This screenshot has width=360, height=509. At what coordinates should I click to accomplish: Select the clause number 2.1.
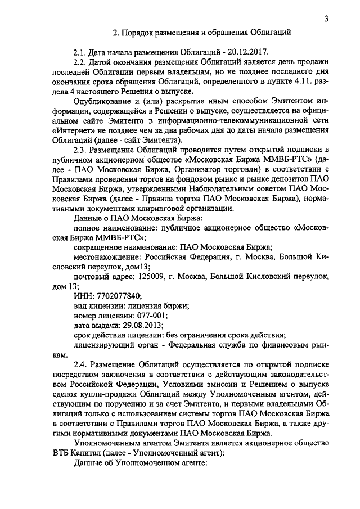[x=81, y=52]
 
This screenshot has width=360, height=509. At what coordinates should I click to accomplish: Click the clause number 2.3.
[x=81, y=150]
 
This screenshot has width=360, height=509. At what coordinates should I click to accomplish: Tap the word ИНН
[x=83, y=296]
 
